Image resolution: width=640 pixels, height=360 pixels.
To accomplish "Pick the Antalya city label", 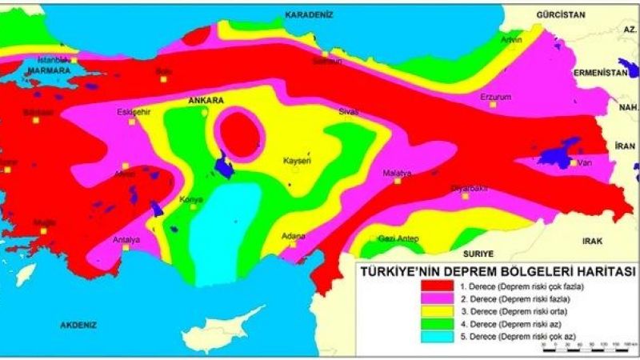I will point(126,239).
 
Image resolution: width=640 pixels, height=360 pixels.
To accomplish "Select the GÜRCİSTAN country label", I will point(562,14).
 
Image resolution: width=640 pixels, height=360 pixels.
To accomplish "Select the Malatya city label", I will point(397,173).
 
